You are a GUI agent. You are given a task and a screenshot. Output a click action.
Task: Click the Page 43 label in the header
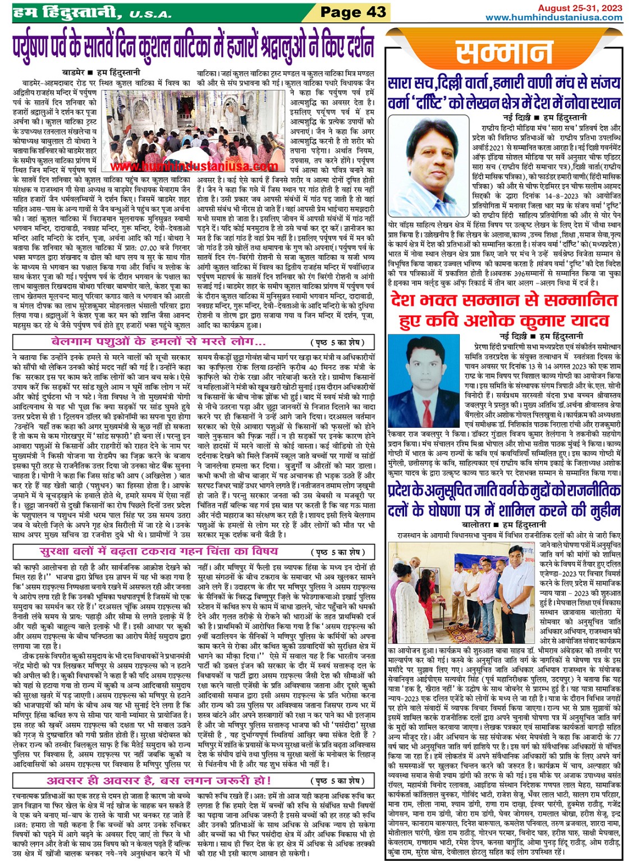[x=353, y=12]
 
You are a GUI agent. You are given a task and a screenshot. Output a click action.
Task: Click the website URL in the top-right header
[x=553, y=17]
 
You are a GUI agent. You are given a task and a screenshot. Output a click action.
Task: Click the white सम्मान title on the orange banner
[x=503, y=53]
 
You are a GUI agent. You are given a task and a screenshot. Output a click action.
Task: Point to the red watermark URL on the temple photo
[x=194, y=166]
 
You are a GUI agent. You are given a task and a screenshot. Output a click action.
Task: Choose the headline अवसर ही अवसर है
[x=159, y=780]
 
